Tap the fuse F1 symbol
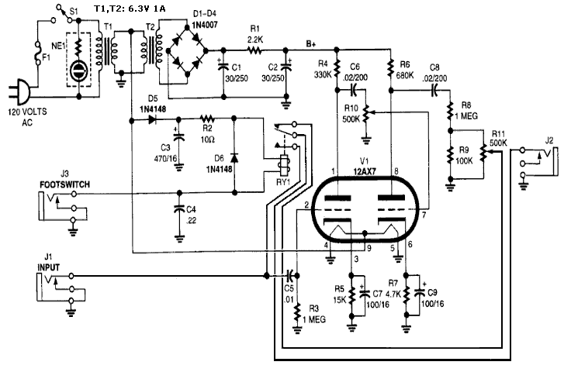pyautogui.click(x=38, y=53)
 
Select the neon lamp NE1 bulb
pyautogui.click(x=78, y=71)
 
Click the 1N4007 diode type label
pyautogui.click(x=205, y=25)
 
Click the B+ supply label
pyautogui.click(x=311, y=44)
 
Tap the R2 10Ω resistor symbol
pyautogui.click(x=207, y=119)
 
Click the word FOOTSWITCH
pyautogui.click(x=65, y=184)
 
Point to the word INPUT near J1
pyautogui.click(x=48, y=267)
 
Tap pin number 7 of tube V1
pyautogui.click(x=424, y=215)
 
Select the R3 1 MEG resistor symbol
pyautogui.click(x=298, y=312)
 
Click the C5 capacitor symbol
pyautogui.click(x=290, y=275)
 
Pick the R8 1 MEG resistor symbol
pyautogui.click(x=451, y=111)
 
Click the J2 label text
pyautogui.click(x=549, y=140)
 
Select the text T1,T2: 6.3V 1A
pyautogui.click(x=130, y=9)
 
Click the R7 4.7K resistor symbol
pyautogui.click(x=407, y=293)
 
